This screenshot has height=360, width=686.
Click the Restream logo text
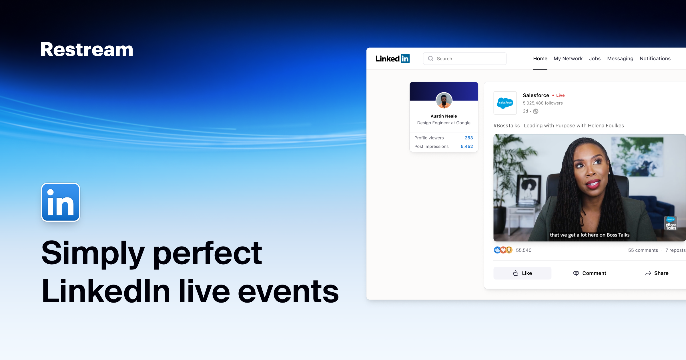click(x=87, y=49)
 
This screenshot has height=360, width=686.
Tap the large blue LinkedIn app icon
click(x=61, y=202)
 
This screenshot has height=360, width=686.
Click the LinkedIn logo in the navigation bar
click(x=392, y=59)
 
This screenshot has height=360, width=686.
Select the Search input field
click(x=465, y=59)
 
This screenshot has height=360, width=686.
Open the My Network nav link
click(x=568, y=59)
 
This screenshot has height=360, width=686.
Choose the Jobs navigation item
click(x=595, y=59)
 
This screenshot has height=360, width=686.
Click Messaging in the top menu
click(x=620, y=59)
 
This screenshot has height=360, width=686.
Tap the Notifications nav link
click(x=655, y=59)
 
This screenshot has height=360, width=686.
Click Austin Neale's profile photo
click(x=444, y=101)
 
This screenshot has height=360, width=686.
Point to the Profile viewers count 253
click(x=469, y=138)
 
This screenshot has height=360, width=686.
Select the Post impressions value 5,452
click(x=467, y=146)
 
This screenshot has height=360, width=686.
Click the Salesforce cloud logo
click(x=505, y=103)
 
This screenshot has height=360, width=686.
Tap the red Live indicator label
click(x=560, y=95)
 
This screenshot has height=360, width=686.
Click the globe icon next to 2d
click(x=536, y=111)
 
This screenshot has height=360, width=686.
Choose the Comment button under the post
click(x=590, y=273)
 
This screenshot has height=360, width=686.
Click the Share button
click(x=657, y=273)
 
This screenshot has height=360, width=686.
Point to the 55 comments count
click(x=643, y=250)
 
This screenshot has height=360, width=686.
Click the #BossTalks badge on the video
click(x=671, y=223)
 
